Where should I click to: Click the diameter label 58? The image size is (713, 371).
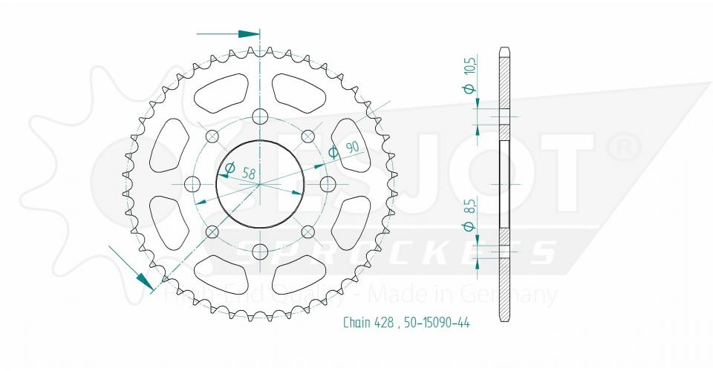[248, 174]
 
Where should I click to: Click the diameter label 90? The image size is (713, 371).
[352, 146]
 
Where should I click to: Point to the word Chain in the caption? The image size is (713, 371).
[359, 322]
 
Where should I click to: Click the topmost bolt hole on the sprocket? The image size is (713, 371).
[260, 116]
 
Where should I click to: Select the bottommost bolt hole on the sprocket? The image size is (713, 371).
[260, 252]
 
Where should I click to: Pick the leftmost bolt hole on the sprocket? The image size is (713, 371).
[192, 183]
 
